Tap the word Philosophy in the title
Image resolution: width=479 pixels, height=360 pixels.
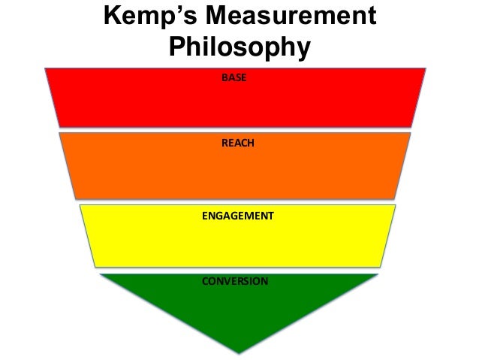239,48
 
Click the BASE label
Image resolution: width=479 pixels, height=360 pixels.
233,78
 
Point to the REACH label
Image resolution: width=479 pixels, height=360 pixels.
237,143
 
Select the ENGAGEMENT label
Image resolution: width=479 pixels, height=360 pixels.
238,216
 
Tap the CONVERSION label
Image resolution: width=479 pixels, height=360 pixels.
235,281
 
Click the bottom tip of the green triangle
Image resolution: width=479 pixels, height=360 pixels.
239,352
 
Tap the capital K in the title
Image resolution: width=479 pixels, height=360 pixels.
110,18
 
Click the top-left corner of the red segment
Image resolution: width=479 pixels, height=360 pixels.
46,68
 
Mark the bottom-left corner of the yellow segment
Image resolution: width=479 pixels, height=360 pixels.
93,266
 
